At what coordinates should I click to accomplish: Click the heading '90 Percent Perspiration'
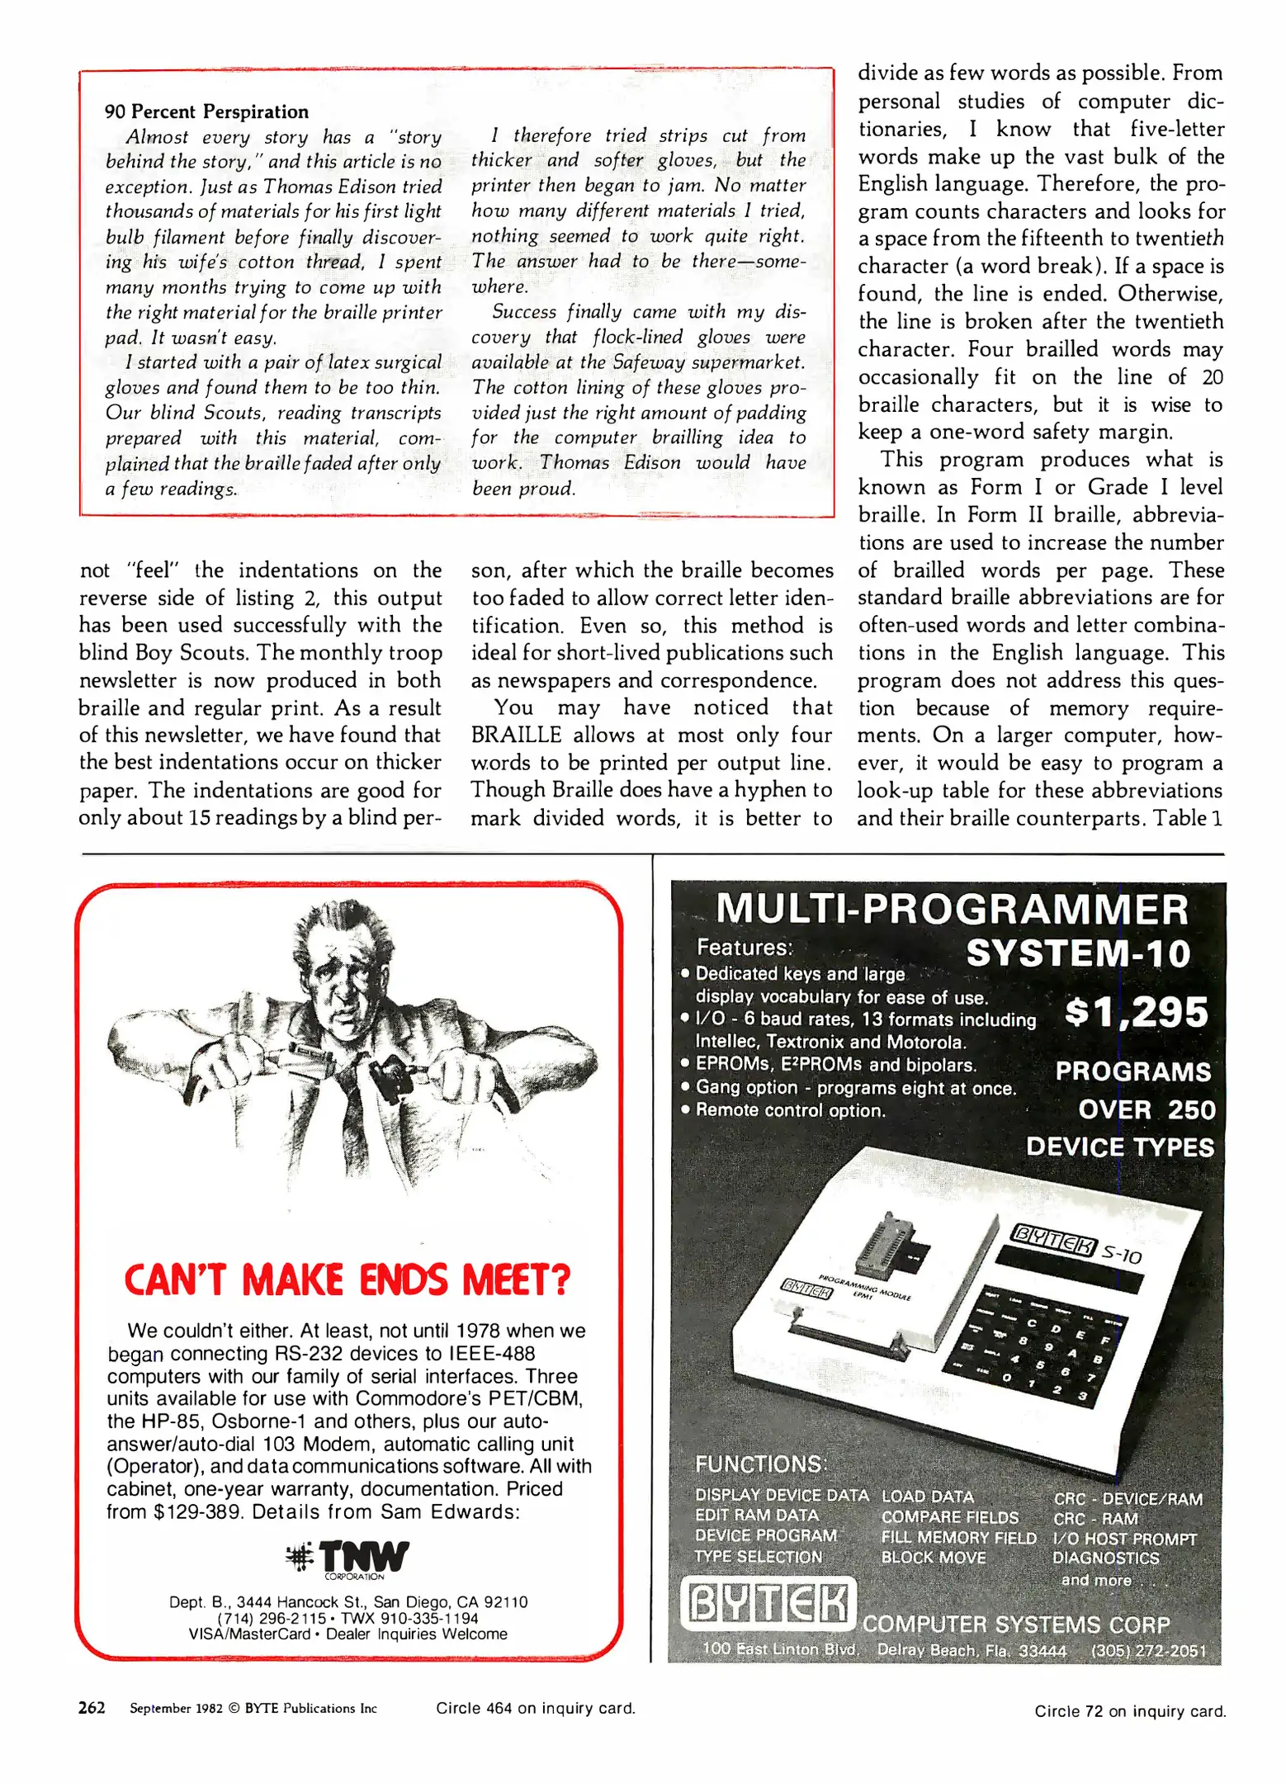coord(206,111)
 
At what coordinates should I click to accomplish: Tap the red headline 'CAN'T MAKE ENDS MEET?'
coord(348,1280)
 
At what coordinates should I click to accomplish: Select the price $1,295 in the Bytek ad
coord(1136,1012)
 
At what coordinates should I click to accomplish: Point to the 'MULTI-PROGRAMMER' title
coord(952,910)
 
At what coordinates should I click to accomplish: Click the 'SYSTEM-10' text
coord(1078,953)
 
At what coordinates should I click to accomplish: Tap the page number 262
coord(92,1708)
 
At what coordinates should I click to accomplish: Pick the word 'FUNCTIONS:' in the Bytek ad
coord(760,1464)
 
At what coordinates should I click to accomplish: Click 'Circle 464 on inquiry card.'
coord(536,1709)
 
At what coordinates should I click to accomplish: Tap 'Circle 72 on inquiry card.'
coord(1130,1711)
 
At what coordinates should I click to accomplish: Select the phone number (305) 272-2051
coord(1148,1651)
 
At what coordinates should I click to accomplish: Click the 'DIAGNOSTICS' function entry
coord(1105,1558)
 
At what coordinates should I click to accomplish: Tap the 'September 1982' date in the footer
coord(176,1709)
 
